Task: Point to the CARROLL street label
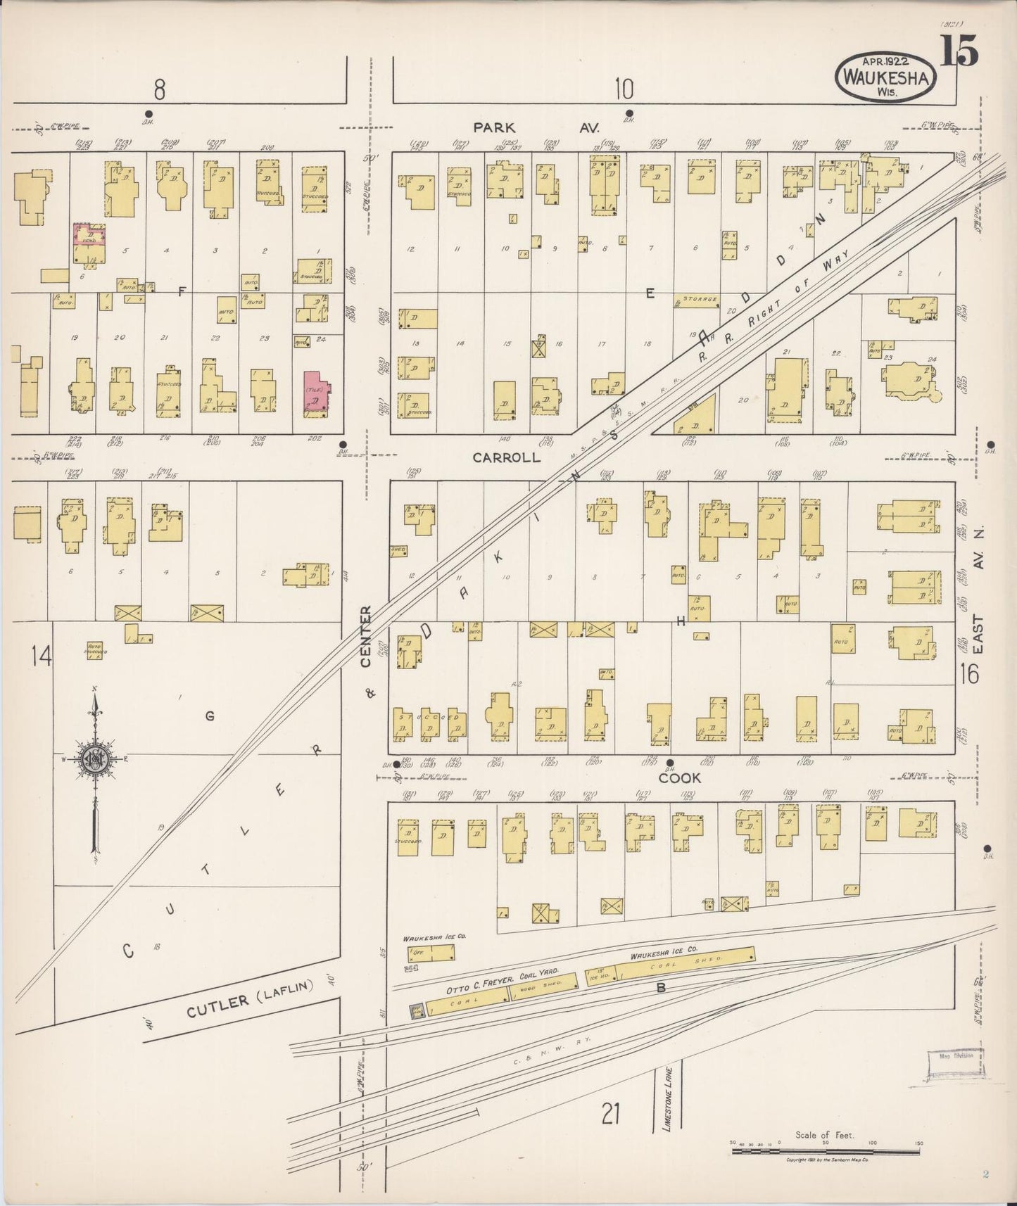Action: pos(506,457)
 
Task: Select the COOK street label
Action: pos(680,777)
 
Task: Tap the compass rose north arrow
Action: pos(94,760)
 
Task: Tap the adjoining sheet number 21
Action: pos(610,1114)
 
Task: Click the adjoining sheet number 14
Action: pos(42,656)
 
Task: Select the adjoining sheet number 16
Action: pos(968,674)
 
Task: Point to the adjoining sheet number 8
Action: pos(160,90)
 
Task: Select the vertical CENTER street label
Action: pos(365,636)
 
